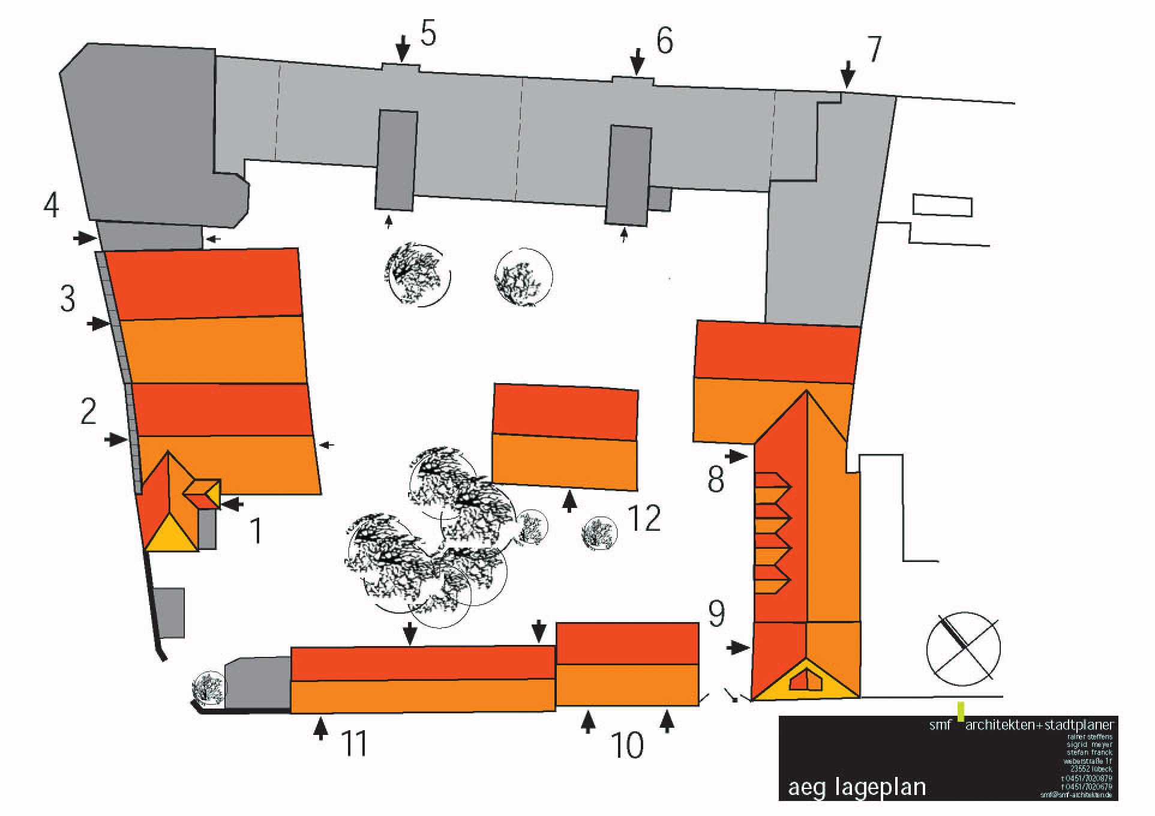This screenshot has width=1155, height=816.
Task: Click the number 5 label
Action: point(428,34)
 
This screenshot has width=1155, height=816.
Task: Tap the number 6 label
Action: point(664,41)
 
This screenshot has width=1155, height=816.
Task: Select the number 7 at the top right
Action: point(874,49)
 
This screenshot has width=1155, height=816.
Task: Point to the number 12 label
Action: point(644,518)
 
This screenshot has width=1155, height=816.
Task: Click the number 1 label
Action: point(256,531)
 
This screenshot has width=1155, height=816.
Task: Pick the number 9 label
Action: point(716,614)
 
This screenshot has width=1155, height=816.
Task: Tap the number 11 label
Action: point(353,743)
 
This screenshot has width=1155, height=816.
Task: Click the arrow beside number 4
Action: point(85,238)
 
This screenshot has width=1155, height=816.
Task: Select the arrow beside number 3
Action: point(98,324)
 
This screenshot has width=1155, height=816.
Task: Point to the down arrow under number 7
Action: point(847,74)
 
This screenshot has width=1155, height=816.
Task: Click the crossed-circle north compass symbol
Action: point(963,648)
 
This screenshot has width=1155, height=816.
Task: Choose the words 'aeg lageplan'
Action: point(857,787)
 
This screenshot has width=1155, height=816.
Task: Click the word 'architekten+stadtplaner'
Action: point(1039,725)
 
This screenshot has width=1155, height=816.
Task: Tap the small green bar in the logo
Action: point(961,711)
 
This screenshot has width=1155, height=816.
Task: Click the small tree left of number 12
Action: point(599,533)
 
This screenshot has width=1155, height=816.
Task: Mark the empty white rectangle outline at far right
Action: point(942,205)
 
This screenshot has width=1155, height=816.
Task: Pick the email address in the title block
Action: point(1076,795)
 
